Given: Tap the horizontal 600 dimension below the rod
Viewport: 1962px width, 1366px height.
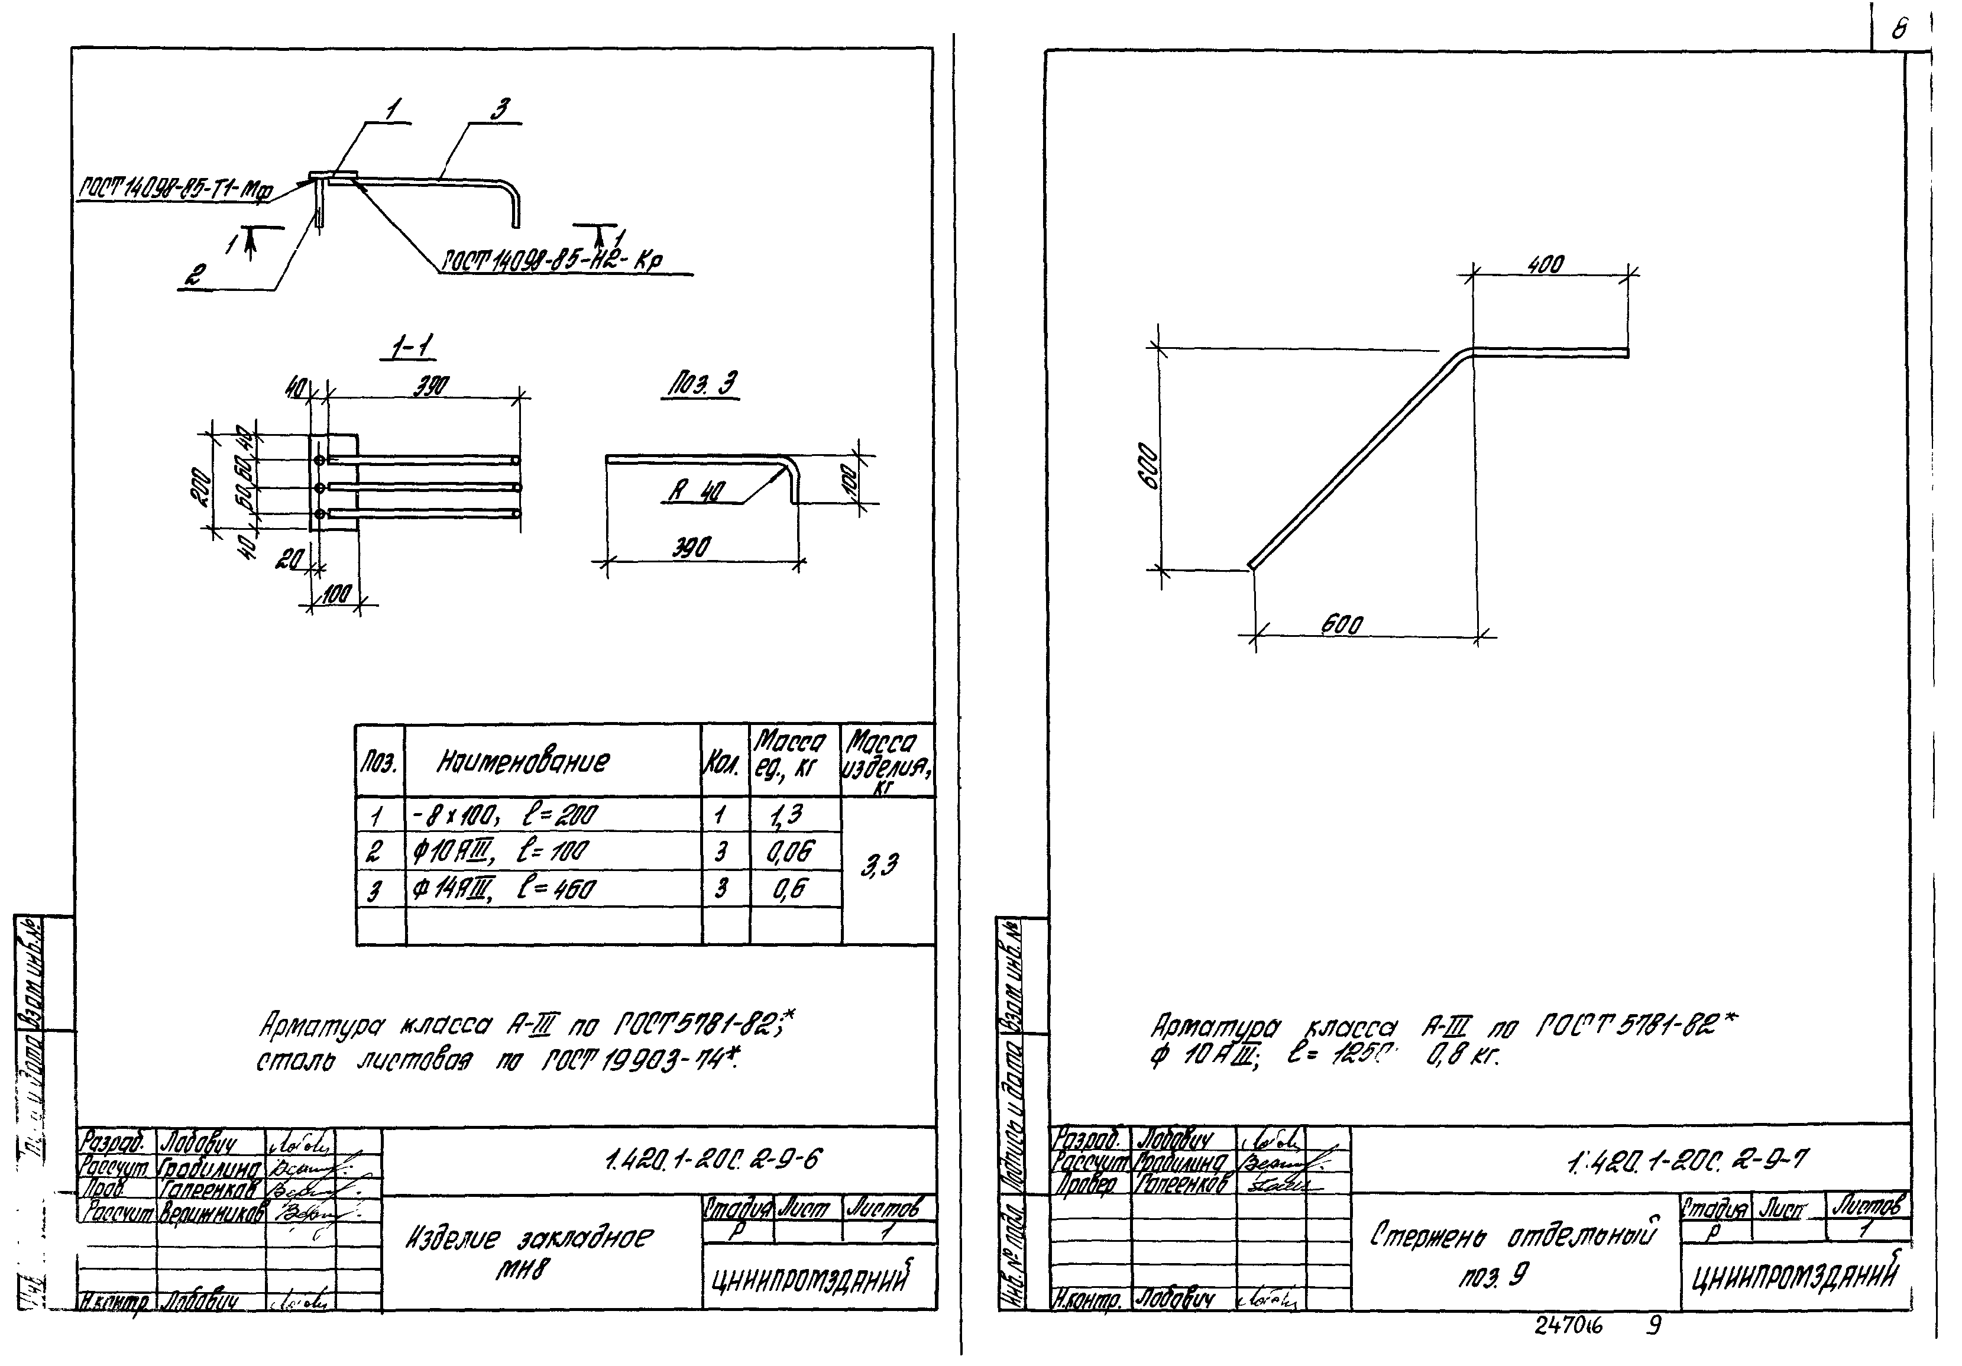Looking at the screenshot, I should coord(1342,625).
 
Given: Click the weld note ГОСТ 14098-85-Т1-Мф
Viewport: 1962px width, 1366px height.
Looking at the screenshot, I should coord(175,190).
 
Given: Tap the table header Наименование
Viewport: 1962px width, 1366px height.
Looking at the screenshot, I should coord(523,761).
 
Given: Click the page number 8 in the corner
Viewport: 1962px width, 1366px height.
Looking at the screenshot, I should coord(1899,31).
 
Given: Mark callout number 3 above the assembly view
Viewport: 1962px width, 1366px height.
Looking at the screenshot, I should coord(501,109).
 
